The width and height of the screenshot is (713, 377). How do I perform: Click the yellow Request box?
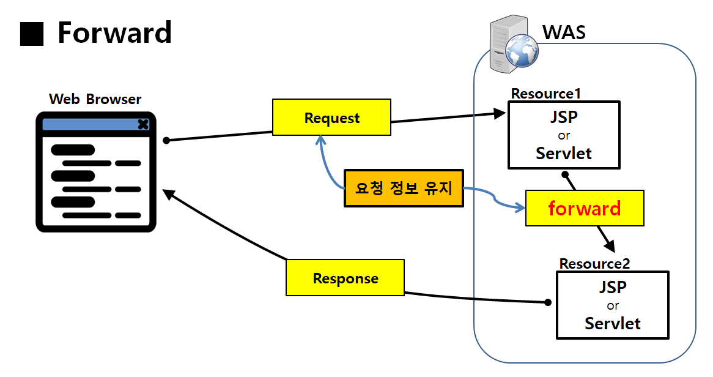coord(331,118)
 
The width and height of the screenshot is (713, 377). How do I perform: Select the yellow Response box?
coord(345,278)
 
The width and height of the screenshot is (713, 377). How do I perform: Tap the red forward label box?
coord(584,208)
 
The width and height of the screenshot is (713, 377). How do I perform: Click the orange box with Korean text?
coord(404,188)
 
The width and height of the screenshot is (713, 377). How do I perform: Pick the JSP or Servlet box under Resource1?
coord(563,135)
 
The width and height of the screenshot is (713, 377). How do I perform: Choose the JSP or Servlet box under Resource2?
coord(612,305)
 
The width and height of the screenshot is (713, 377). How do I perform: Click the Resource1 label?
coord(545,94)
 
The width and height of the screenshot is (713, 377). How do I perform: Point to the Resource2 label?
coord(594,264)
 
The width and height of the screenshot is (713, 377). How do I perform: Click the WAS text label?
coord(564,32)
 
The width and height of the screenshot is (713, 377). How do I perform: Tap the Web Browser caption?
coord(95,99)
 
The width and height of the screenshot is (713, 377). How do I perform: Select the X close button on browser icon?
coord(143,124)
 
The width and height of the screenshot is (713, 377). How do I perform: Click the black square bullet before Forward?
coord(32,34)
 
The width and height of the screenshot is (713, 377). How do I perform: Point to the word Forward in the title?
coord(114,32)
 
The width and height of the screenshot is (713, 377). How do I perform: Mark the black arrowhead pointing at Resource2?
coord(609,246)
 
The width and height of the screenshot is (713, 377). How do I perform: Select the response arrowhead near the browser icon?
coord(168,193)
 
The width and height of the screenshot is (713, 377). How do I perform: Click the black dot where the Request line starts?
coord(166,140)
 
